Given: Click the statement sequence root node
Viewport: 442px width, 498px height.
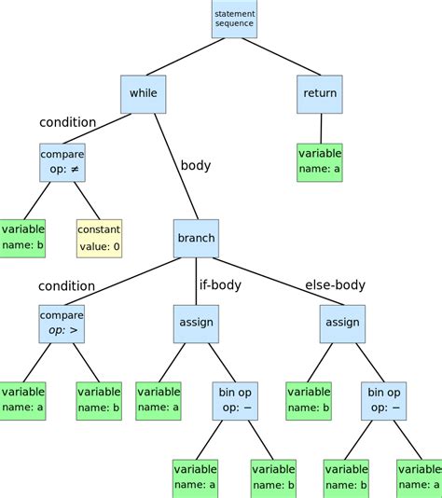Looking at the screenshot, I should (x=234, y=19).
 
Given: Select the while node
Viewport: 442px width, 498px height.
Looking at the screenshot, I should (x=143, y=93).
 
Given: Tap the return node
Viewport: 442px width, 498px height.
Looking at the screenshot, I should (x=320, y=93).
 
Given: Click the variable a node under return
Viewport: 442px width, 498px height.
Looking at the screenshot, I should (x=320, y=162).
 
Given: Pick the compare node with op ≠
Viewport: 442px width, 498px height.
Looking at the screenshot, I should (x=62, y=162).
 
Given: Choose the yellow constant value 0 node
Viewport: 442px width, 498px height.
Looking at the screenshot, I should (x=99, y=239).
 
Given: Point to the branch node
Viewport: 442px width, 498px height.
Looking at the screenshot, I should (x=196, y=238).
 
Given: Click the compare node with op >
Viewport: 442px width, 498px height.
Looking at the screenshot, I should (x=62, y=323).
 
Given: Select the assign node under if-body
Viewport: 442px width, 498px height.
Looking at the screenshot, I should (x=194, y=323).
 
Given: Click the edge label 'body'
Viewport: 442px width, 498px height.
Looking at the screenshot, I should (x=196, y=166).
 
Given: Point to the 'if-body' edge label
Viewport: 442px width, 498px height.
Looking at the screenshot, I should (x=220, y=284).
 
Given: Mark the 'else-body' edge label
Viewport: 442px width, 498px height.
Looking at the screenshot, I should (x=335, y=284).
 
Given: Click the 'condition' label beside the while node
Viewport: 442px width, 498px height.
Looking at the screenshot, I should (x=67, y=122).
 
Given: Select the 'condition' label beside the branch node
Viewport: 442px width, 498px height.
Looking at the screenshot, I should (x=66, y=285).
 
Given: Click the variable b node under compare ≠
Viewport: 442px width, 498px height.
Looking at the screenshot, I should (x=21, y=239).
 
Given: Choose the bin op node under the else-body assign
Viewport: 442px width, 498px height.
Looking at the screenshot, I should (x=383, y=402).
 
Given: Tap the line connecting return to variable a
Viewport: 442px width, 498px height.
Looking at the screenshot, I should (x=321, y=128).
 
